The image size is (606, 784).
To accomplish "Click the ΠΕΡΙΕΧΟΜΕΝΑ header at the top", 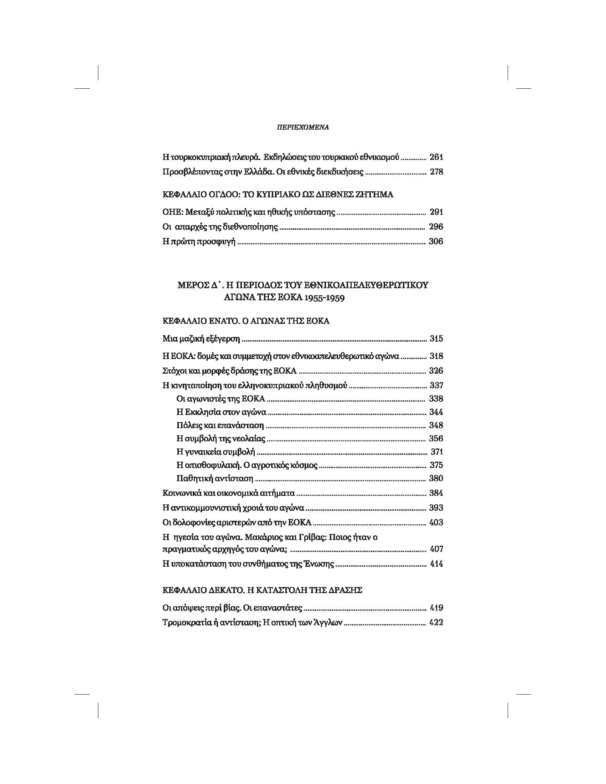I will point(303,127).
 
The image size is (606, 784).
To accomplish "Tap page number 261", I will point(436,157).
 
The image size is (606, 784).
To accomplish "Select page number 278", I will point(436,172).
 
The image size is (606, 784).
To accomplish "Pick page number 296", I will point(436,227).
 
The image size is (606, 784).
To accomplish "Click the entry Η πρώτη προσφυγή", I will point(199,242).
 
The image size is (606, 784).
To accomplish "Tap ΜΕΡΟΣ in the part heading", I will point(193,285).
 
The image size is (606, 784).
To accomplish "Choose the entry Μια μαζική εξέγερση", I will point(201,339).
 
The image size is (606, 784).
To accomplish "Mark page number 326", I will point(436,371).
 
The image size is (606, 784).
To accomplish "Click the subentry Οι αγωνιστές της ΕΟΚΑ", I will point(221,399).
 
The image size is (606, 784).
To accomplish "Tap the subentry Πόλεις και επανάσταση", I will point(220,425).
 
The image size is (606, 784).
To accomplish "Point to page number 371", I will point(436,452).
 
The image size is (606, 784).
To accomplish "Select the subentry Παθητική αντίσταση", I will point(215,478).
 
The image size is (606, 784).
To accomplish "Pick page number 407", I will point(436,549).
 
